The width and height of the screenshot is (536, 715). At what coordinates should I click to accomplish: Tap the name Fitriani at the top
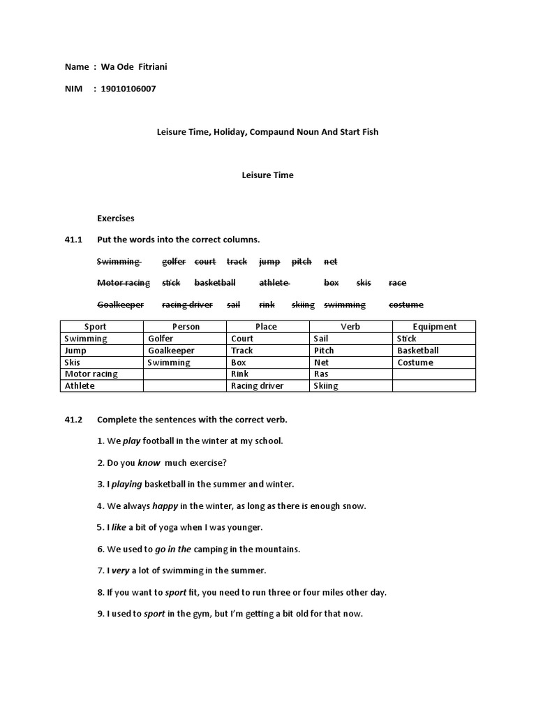click(149, 66)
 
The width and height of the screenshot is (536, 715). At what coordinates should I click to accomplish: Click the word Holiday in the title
click(223, 131)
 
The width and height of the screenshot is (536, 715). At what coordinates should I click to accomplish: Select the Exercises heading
click(115, 219)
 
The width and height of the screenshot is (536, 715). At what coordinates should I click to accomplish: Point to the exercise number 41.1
click(73, 239)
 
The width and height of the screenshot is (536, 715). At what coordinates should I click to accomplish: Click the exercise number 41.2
click(73, 420)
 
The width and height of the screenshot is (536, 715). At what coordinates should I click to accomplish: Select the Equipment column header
click(434, 327)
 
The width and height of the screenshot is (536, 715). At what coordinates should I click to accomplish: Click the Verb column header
click(350, 327)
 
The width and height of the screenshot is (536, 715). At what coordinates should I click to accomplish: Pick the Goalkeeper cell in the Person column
click(171, 351)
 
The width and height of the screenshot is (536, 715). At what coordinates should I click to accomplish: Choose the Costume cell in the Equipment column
click(415, 362)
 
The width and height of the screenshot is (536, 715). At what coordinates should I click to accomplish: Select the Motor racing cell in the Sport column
click(91, 374)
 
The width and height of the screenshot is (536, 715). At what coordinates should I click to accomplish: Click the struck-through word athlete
click(274, 283)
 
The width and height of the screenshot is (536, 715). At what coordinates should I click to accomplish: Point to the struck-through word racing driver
click(187, 304)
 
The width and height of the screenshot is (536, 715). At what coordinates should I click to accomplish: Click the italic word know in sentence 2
click(149, 462)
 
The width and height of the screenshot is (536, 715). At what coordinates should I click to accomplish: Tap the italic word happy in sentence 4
click(165, 506)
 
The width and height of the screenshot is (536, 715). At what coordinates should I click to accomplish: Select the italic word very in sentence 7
click(121, 570)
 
